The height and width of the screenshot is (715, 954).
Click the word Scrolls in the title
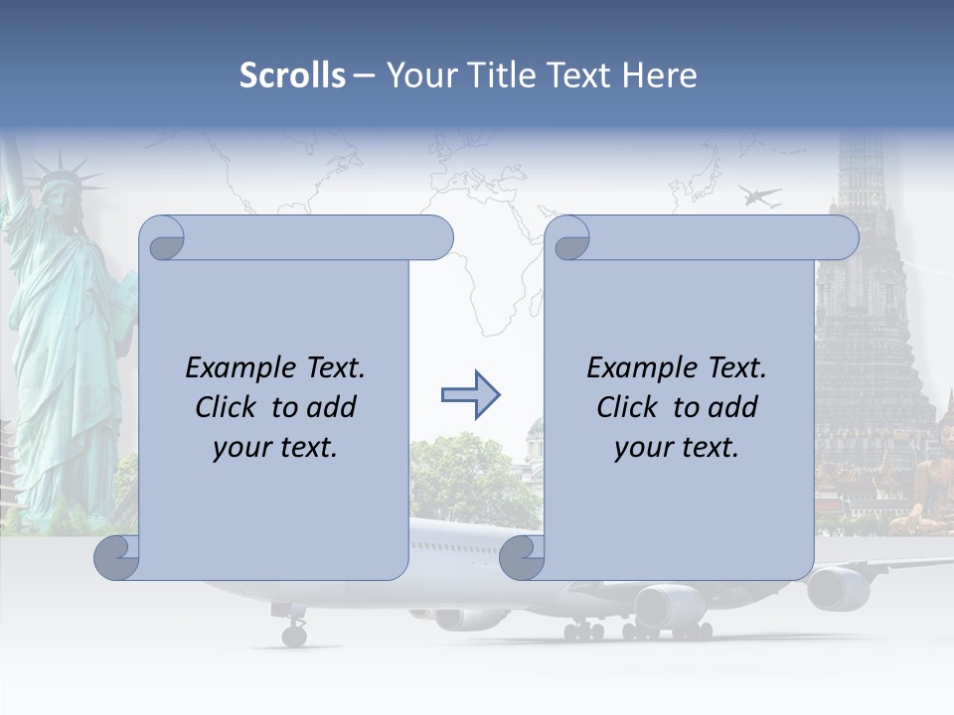(x=292, y=74)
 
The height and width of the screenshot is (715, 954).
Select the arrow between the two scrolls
(x=470, y=396)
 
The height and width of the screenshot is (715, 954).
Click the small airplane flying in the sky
(x=759, y=196)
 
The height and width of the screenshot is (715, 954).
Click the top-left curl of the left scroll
(x=162, y=239)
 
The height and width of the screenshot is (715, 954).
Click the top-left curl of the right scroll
(x=568, y=239)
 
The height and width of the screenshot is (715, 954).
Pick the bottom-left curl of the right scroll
(x=522, y=558)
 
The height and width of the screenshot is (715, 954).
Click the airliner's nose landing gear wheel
(x=294, y=634)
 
